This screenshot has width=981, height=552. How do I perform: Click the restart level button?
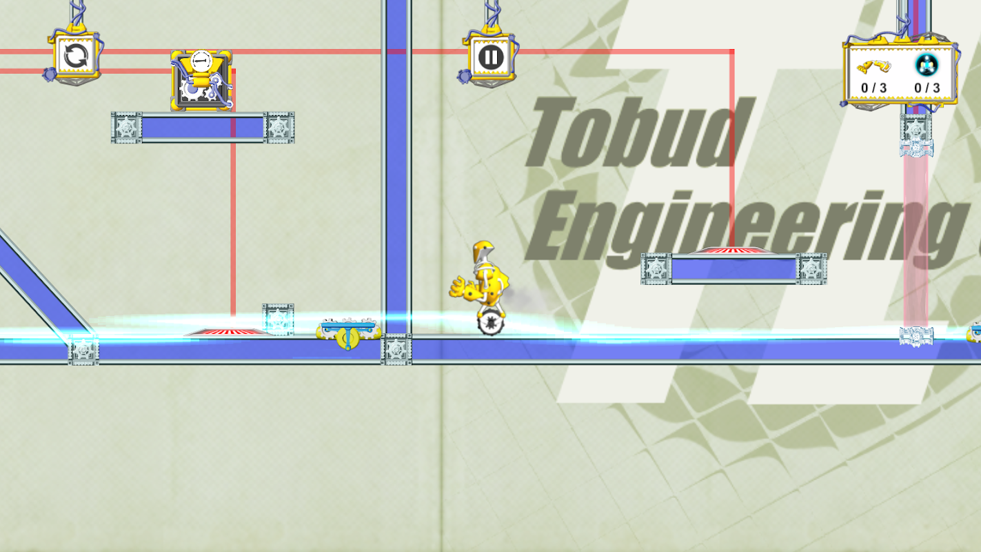pos(76,56)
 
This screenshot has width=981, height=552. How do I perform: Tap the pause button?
pos(490,57)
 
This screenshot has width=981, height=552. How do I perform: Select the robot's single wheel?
pos(491,323)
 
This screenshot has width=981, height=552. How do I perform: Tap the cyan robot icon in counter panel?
pos(927,66)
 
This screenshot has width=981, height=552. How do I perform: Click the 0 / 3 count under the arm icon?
pos(873,88)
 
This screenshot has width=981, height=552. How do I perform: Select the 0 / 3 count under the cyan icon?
pos(927,88)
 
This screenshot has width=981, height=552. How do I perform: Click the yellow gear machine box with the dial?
pos(201,81)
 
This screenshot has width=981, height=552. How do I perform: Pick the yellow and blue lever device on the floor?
pos(349,334)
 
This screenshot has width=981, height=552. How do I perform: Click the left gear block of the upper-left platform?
pos(127,128)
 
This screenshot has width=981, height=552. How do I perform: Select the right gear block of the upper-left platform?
pos(279,128)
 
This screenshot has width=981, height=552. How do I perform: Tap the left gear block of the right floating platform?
pos(656,269)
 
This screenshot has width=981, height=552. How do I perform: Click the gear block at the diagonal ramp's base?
pos(83,350)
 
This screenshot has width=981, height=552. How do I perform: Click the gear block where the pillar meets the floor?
pos(396,349)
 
